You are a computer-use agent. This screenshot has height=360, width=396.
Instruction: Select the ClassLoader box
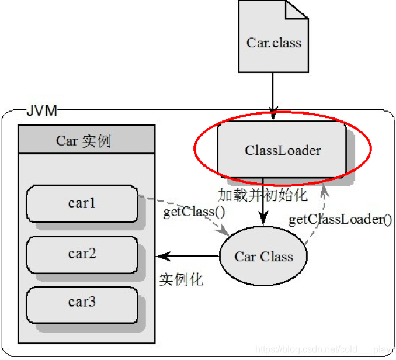[282, 150]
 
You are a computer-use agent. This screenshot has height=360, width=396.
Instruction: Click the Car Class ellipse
[263, 256]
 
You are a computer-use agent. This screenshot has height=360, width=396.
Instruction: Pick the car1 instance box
[82, 203]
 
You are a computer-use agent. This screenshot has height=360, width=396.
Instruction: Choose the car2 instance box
[82, 254]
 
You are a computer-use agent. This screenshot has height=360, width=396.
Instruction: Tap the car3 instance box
[82, 302]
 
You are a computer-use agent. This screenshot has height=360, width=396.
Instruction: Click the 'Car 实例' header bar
[86, 140]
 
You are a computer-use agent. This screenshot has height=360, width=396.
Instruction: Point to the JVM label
[41, 111]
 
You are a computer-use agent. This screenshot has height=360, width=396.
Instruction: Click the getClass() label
[194, 212]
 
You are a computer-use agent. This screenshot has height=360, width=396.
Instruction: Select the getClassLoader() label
[341, 220]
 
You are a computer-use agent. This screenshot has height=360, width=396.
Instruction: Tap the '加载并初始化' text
[263, 195]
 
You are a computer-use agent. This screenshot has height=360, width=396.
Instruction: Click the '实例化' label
[182, 279]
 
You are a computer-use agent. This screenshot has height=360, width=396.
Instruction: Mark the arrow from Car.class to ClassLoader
[273, 94]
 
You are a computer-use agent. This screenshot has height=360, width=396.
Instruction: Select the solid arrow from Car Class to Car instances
[187, 256]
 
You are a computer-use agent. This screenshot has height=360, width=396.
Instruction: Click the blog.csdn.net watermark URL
[324, 349]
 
